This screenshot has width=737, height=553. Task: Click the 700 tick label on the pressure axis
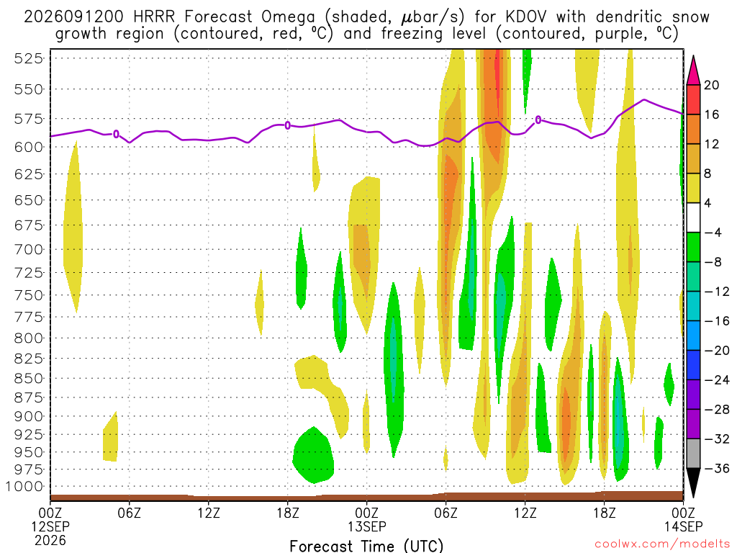pyautogui.click(x=28, y=249)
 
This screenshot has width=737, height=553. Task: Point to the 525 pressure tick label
pyautogui.click(x=28, y=59)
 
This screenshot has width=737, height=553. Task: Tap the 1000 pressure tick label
pyautogui.click(x=24, y=487)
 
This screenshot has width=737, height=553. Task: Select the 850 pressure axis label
pyautogui.click(x=28, y=379)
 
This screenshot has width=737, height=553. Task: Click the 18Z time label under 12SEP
pyautogui.click(x=288, y=513)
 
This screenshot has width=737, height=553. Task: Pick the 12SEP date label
pyautogui.click(x=50, y=526)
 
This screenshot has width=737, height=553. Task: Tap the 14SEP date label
pyautogui.click(x=684, y=526)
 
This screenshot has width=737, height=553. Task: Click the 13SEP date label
pyautogui.click(x=367, y=526)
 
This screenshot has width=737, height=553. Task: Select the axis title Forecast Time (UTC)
pyautogui.click(x=366, y=546)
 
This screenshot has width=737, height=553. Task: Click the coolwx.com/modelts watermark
pyautogui.click(x=662, y=544)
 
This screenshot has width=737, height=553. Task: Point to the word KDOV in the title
pyautogui.click(x=526, y=17)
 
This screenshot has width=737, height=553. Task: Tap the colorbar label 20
pyautogui.click(x=712, y=85)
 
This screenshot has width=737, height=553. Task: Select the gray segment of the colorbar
pyautogui.click(x=693, y=454)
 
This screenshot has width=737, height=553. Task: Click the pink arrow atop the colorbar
pyautogui.click(x=693, y=71)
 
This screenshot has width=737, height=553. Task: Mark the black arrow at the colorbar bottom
pyautogui.click(x=693, y=483)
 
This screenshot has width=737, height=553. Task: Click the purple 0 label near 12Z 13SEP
pyautogui.click(x=538, y=120)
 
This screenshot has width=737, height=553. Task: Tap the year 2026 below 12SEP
pyautogui.click(x=50, y=540)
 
